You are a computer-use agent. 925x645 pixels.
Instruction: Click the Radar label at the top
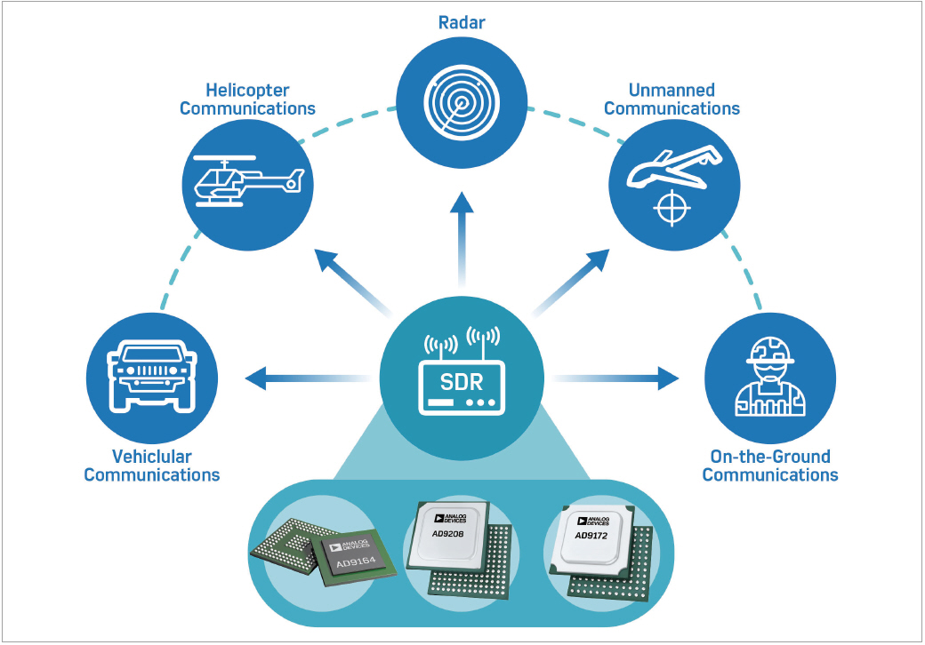[462, 22]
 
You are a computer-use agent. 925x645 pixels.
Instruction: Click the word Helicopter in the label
[247, 90]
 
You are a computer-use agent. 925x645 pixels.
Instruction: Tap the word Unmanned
[672, 90]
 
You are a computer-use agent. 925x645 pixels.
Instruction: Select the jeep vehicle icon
[151, 373]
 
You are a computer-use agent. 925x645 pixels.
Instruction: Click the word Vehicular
[151, 456]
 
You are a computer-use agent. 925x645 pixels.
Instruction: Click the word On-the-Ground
[770, 456]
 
